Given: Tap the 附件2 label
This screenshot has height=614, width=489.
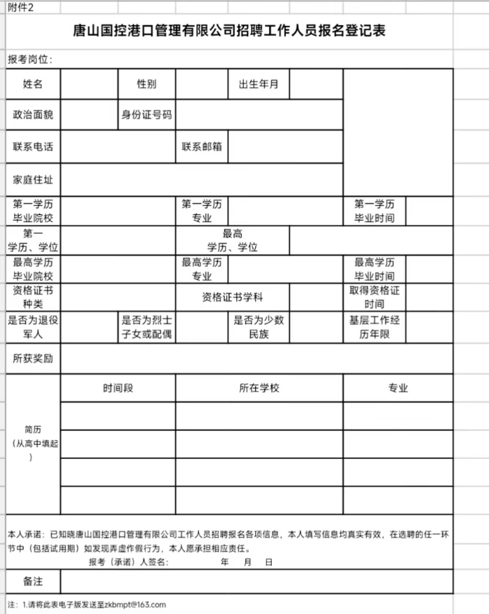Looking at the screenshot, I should pos(20,8).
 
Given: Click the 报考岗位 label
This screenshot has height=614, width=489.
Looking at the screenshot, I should pos(30,60).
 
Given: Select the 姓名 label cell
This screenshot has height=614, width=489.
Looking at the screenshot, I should pos(33,84).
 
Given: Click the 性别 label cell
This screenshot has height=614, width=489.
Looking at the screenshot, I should pos(147,84).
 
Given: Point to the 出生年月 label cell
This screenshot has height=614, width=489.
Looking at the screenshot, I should pos(259,84).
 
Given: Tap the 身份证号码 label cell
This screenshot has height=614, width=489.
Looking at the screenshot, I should pos(147,115).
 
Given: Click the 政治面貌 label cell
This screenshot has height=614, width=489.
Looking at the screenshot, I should pos(33,115).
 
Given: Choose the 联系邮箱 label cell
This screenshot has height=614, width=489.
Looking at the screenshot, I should pos(202,146).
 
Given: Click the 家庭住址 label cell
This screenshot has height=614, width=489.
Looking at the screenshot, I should pos(33,180).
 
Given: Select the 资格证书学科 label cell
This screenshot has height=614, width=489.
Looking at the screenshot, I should pos(232,297).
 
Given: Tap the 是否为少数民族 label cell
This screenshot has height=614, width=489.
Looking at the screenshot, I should pos(259,327).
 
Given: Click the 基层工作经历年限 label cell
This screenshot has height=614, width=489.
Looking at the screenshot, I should pos(374,327).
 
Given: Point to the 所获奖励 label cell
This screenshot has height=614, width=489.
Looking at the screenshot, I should pos(33,359).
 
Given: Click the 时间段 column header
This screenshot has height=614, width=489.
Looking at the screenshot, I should pos(118,388).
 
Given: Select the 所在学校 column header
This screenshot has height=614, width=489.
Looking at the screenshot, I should pos(259,388).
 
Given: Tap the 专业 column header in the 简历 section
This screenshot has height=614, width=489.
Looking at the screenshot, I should pos(397,388).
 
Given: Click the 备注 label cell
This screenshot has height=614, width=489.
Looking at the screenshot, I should pos(33,581).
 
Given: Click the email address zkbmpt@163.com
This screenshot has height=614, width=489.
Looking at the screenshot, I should pos(135,605).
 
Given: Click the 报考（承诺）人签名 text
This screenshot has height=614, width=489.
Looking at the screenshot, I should pos(129,562).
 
